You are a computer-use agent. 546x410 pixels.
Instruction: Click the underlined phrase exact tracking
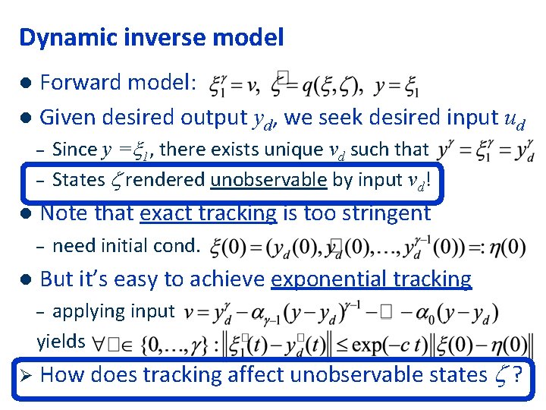[x=209, y=213]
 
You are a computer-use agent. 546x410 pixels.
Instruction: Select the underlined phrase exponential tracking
[x=371, y=279]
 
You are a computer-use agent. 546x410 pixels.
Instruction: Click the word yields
[x=61, y=342]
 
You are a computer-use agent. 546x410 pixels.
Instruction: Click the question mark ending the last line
[x=517, y=374]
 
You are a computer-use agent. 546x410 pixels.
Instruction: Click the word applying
[x=88, y=311]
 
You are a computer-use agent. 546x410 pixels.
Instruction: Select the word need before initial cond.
[x=71, y=246]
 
